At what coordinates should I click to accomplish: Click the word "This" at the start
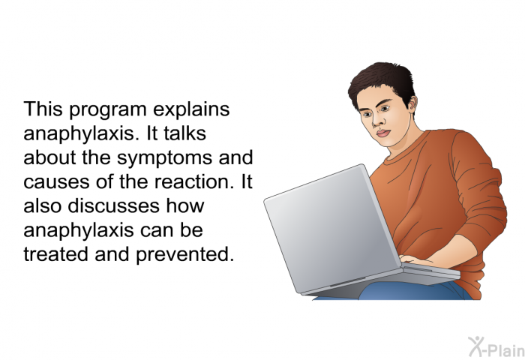click(x=43, y=109)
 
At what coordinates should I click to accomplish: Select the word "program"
click(x=108, y=111)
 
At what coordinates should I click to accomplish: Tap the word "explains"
click(x=191, y=110)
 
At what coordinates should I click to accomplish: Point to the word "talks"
click(x=184, y=133)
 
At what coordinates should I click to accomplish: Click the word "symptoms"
click(x=164, y=159)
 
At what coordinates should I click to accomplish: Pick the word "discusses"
click(x=113, y=205)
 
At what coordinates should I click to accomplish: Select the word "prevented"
click(x=184, y=255)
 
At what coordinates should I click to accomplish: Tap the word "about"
click(x=49, y=157)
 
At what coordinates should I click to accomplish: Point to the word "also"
click(x=43, y=205)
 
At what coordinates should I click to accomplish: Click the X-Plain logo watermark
click(x=496, y=347)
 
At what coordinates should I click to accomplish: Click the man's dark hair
click(x=383, y=80)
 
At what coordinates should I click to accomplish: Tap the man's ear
click(x=412, y=104)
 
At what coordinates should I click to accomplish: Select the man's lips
click(x=383, y=133)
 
